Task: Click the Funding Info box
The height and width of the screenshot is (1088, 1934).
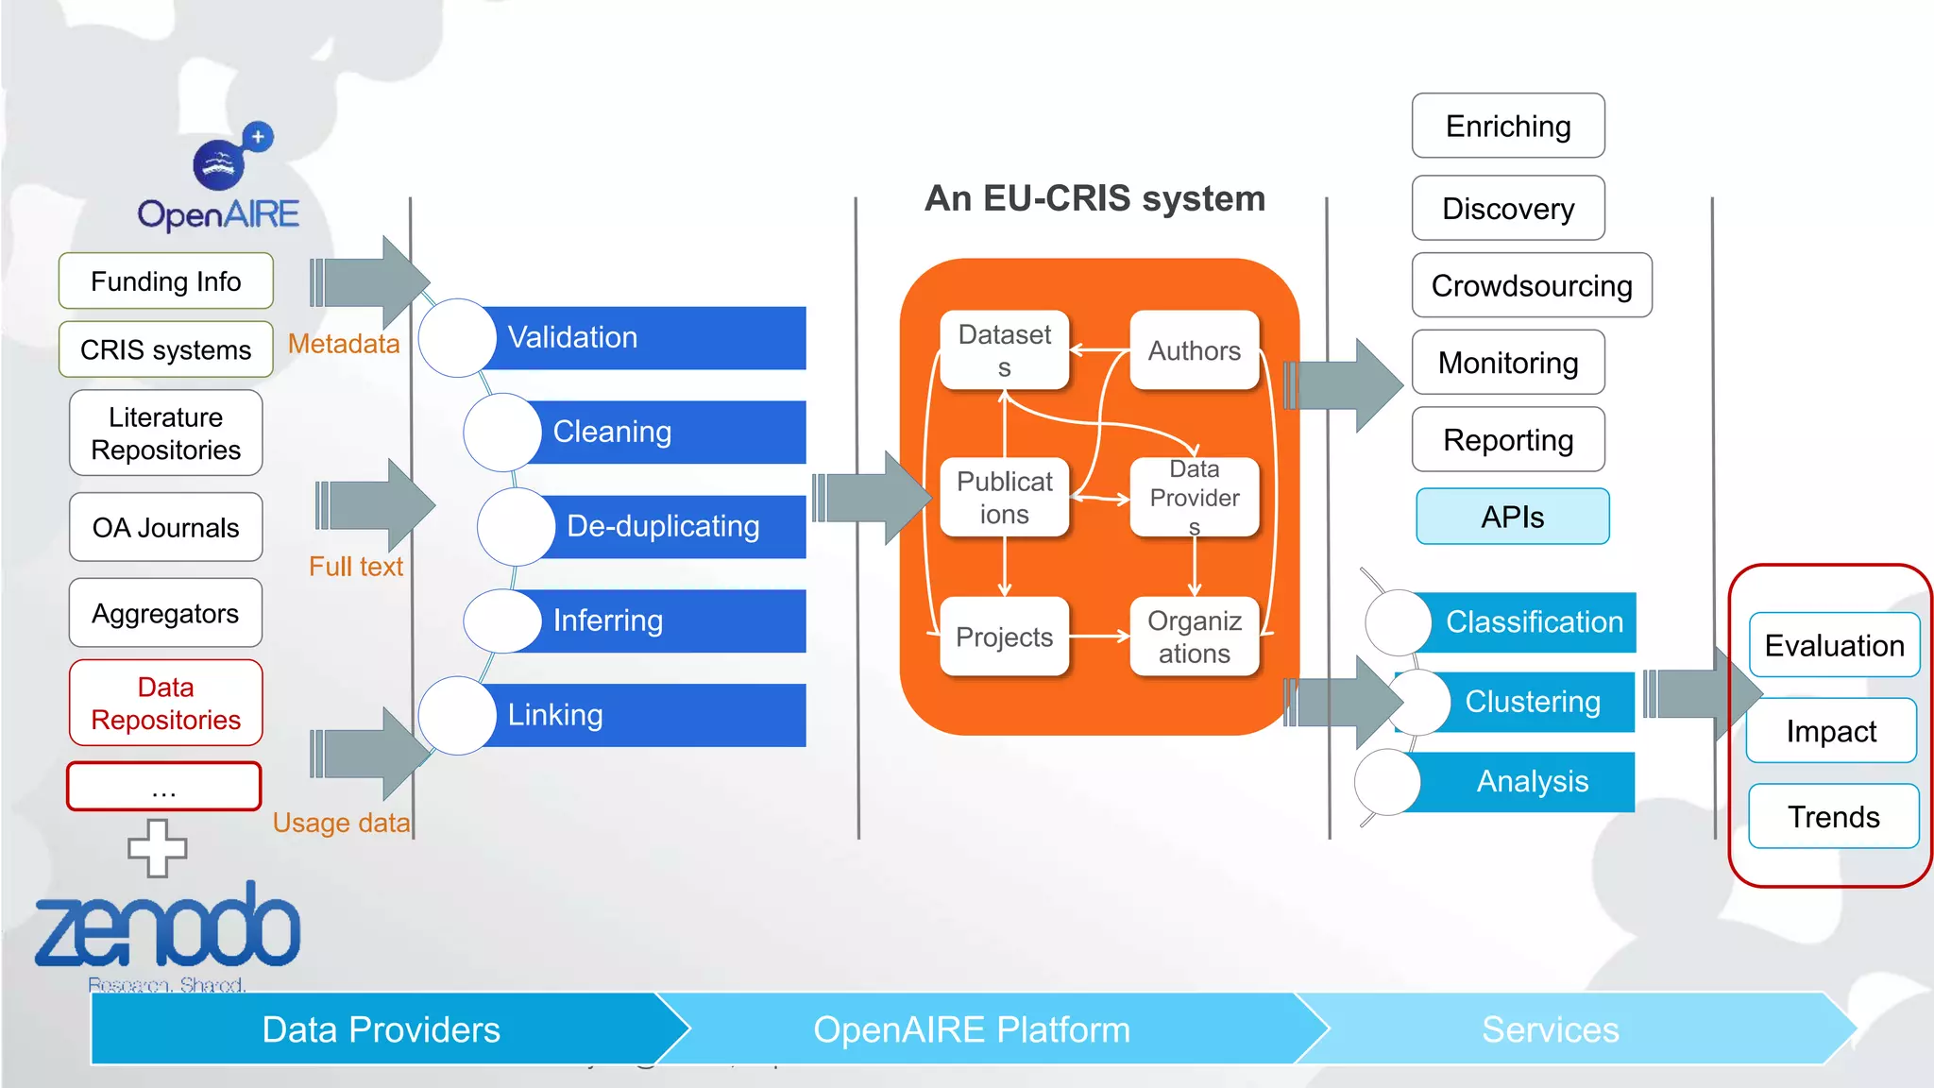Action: point(166,281)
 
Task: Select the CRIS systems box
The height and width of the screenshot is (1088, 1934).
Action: point(166,349)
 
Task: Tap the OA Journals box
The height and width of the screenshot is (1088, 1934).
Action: point(166,527)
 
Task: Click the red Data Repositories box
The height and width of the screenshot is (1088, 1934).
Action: point(166,703)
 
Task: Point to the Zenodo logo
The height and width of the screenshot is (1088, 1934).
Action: point(168,930)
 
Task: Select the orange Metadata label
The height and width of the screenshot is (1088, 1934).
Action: point(344,344)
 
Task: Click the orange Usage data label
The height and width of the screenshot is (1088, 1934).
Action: point(341,823)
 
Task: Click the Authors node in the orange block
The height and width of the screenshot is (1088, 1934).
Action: point(1195,350)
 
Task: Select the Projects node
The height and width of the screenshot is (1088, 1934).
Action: point(1004,637)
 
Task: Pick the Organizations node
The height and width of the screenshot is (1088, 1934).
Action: point(1195,637)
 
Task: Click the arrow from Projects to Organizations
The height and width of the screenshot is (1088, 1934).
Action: point(1099,637)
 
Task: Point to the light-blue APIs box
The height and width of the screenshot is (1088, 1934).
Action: point(1512,517)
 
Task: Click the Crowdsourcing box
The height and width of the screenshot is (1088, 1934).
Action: point(1532,285)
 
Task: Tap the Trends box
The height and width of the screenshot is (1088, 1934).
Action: point(1833,816)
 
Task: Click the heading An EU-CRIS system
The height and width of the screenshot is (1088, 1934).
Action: point(1094,198)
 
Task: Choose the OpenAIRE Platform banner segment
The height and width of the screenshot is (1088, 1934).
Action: point(973,1029)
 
